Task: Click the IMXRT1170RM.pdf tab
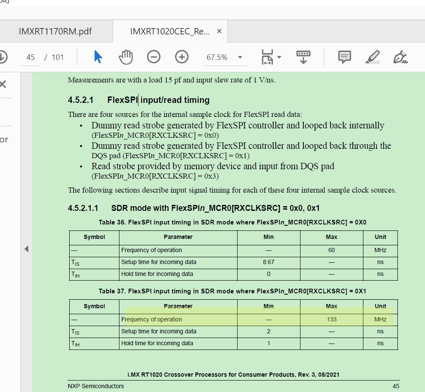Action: tap(55, 31)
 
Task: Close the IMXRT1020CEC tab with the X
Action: tap(219, 31)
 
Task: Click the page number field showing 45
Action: tap(31, 57)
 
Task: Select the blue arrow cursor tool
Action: tap(98, 57)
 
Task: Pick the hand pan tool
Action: tap(126, 57)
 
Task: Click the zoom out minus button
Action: tap(154, 57)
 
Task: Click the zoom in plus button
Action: tap(182, 57)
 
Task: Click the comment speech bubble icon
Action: tap(344, 57)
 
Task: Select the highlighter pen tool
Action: tap(373, 57)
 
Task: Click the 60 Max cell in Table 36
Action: tap(331, 250)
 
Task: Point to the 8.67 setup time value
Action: tap(269, 262)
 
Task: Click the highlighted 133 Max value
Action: tap(331, 319)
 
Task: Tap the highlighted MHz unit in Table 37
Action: tap(380, 319)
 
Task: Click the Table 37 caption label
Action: tap(232, 291)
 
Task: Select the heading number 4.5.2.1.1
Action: tap(83, 208)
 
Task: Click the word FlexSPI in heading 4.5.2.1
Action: tap(122, 100)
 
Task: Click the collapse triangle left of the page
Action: tap(26, 249)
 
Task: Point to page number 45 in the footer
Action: tap(396, 386)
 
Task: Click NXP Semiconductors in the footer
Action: tap(96, 386)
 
